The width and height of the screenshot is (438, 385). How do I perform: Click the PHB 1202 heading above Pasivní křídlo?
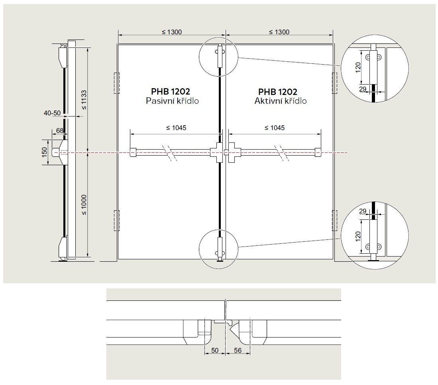tap(171, 91)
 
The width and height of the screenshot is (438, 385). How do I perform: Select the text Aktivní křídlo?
tap(281, 101)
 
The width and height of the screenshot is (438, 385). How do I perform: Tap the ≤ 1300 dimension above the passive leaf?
tap(172, 32)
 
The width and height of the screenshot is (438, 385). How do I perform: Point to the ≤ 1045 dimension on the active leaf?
tap(275, 128)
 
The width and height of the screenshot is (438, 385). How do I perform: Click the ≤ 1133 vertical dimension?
tap(84, 99)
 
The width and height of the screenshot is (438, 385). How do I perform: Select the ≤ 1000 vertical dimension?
tap(84, 205)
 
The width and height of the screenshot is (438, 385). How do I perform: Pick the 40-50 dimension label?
tap(52, 113)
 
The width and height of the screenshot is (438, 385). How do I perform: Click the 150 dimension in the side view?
tap(45, 152)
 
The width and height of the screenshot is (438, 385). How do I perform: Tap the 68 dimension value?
tap(60, 130)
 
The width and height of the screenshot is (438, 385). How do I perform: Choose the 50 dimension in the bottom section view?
tap(215, 350)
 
